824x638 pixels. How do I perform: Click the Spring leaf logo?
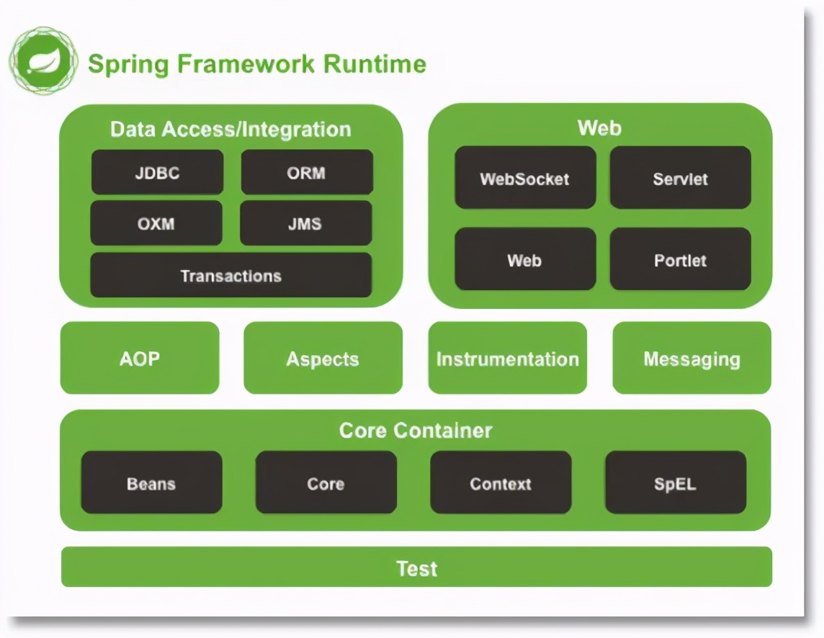click(42, 62)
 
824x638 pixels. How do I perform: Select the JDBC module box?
click(157, 173)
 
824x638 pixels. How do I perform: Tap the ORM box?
click(307, 173)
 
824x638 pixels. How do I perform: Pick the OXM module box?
click(156, 223)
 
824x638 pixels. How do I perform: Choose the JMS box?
click(305, 223)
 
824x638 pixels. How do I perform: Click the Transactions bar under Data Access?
click(230, 276)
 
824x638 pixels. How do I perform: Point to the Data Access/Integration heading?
click(230, 130)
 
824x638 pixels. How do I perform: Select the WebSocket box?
click(525, 179)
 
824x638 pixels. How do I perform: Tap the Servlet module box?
click(680, 179)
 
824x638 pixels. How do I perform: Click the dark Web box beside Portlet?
click(525, 260)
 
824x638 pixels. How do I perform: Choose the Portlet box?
click(680, 260)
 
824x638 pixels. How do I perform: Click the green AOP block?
click(140, 359)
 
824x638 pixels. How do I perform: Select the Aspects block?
click(323, 359)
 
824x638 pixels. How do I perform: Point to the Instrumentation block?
click(507, 359)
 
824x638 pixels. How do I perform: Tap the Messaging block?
click(691, 359)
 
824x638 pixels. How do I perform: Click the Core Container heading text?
click(416, 431)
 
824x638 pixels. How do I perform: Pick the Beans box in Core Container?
click(151, 483)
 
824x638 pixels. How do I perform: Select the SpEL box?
click(676, 483)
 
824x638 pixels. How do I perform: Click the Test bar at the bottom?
click(416, 568)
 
